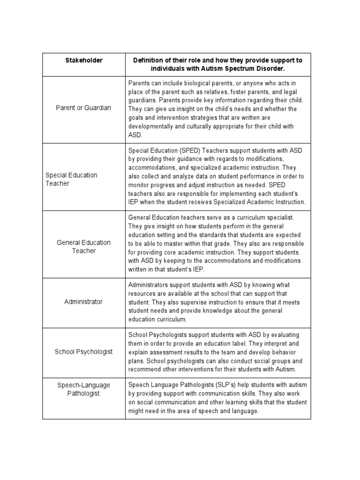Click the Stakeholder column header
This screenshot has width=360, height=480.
84,60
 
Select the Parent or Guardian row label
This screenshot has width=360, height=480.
84,108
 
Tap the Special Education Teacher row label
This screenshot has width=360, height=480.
71,179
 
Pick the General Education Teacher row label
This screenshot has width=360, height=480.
84,247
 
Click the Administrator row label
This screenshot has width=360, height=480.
83,301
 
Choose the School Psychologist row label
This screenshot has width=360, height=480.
84,352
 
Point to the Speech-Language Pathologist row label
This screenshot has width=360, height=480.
84,389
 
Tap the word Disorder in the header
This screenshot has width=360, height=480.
267,69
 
